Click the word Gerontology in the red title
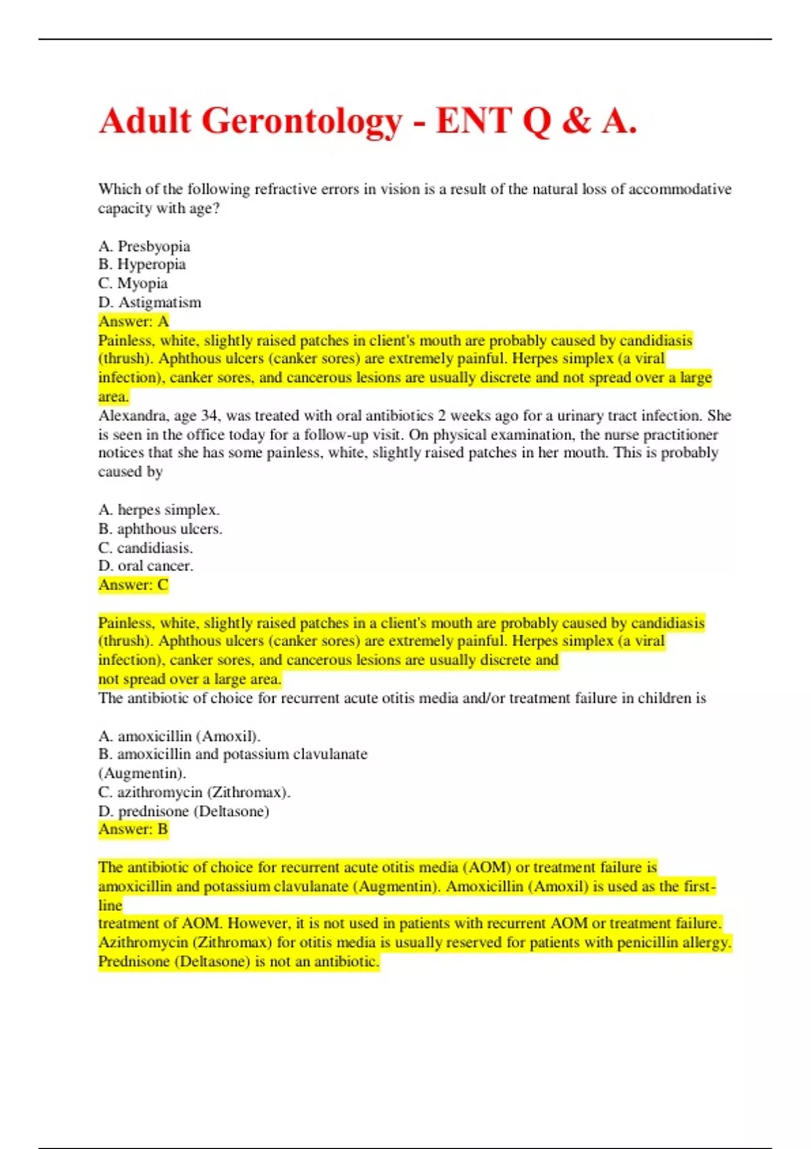point(301,122)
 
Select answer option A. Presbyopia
point(144,246)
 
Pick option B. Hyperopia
point(142,264)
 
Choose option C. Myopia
point(133,283)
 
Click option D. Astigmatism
point(150,302)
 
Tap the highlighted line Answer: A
point(134,321)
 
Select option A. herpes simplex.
point(159,510)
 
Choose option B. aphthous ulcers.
point(160,529)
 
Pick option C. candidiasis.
point(145,547)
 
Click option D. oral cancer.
point(146,566)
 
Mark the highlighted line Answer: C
point(133,585)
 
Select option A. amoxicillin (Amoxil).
point(179,736)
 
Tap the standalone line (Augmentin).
point(142,773)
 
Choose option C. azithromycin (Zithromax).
point(194,792)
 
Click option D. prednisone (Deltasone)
point(184,811)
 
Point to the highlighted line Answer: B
point(133,829)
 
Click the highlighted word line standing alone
point(110,905)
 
